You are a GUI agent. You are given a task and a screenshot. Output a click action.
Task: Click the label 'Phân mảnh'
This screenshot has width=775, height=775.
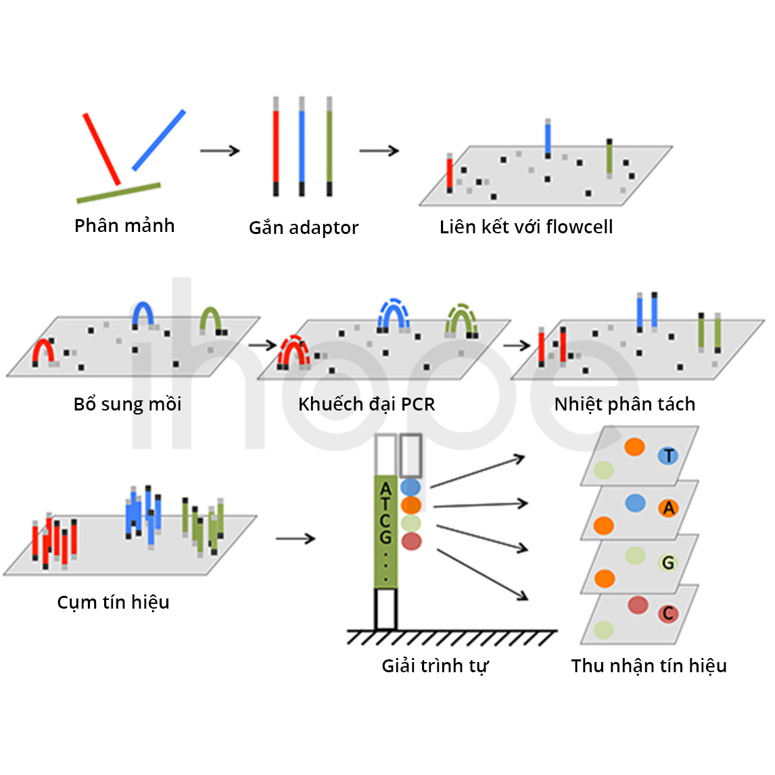[124, 225]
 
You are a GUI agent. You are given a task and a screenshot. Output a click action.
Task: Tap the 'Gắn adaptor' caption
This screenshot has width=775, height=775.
[304, 228]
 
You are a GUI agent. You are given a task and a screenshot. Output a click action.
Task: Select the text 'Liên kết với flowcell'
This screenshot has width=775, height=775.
[526, 227]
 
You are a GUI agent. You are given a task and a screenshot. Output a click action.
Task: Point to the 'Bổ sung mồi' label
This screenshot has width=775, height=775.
[128, 404]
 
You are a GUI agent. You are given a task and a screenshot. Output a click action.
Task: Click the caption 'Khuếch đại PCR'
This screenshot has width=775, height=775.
[367, 404]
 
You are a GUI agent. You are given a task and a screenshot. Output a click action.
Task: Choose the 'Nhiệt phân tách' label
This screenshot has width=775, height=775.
[625, 404]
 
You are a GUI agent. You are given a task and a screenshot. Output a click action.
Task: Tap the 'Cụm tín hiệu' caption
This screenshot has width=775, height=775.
[113, 603]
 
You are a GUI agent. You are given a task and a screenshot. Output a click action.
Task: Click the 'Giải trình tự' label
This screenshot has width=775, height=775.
[435, 665]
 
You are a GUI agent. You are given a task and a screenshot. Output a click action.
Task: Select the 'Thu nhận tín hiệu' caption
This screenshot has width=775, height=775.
[649, 665]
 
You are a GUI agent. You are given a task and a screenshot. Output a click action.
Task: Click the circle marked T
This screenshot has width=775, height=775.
[668, 455]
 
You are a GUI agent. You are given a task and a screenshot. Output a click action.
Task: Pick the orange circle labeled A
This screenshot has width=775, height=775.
[668, 508]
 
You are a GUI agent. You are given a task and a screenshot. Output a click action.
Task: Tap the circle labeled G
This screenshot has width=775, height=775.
[668, 563]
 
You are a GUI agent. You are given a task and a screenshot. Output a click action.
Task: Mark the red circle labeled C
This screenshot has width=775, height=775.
[668, 613]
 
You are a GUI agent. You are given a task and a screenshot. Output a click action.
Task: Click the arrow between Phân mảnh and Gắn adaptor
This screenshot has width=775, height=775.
[220, 150]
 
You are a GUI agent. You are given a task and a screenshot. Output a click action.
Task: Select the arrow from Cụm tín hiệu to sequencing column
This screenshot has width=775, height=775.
[296, 538]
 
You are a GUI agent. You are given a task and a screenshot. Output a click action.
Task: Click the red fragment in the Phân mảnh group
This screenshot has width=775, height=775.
[101, 149]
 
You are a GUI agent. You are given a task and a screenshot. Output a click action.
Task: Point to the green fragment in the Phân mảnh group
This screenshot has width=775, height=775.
[118, 193]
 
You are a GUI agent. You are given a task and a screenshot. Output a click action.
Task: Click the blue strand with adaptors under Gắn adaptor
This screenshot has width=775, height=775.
[302, 146]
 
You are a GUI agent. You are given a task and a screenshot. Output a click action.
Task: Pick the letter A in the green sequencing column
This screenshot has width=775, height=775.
[385, 490]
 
